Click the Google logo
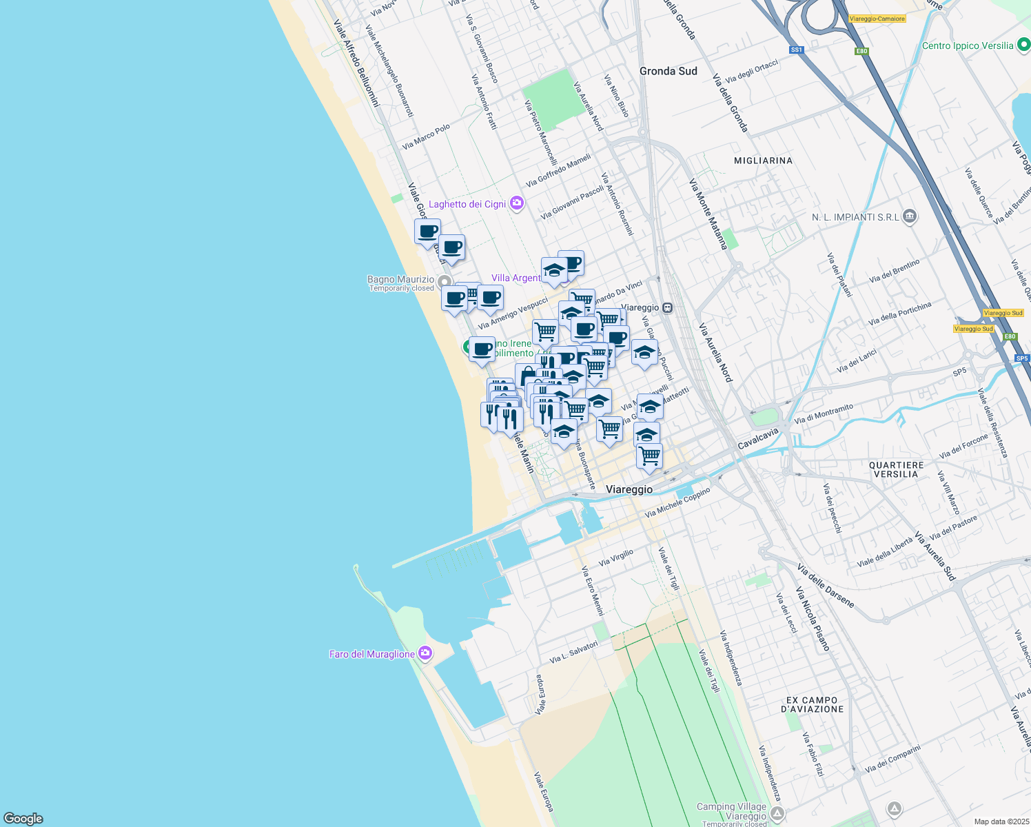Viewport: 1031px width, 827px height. [x=23, y=818]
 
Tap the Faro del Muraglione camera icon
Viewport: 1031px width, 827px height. [x=425, y=653]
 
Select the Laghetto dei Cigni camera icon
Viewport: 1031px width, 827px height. [x=517, y=203]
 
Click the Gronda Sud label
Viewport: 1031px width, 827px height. [x=668, y=71]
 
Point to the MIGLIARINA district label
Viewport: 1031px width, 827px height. [x=763, y=161]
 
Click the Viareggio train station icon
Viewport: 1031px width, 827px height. [x=667, y=307]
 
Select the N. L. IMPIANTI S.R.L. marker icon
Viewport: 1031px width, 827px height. [x=909, y=217]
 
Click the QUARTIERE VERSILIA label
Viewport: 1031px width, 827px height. [x=896, y=469]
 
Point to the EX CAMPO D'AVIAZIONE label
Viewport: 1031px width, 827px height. [x=813, y=704]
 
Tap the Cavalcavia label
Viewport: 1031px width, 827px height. [x=757, y=438]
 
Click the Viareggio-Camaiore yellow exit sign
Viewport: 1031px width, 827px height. [x=877, y=19]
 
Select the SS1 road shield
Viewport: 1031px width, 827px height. [x=797, y=50]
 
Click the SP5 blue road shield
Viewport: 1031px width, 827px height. [x=1021, y=358]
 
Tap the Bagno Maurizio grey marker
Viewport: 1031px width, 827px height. [x=445, y=282]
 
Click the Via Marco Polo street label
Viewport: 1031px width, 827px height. [x=426, y=136]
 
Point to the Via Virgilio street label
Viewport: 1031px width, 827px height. [x=615, y=558]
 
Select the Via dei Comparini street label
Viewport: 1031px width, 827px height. [x=892, y=758]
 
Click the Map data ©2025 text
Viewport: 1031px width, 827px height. [x=1001, y=821]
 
